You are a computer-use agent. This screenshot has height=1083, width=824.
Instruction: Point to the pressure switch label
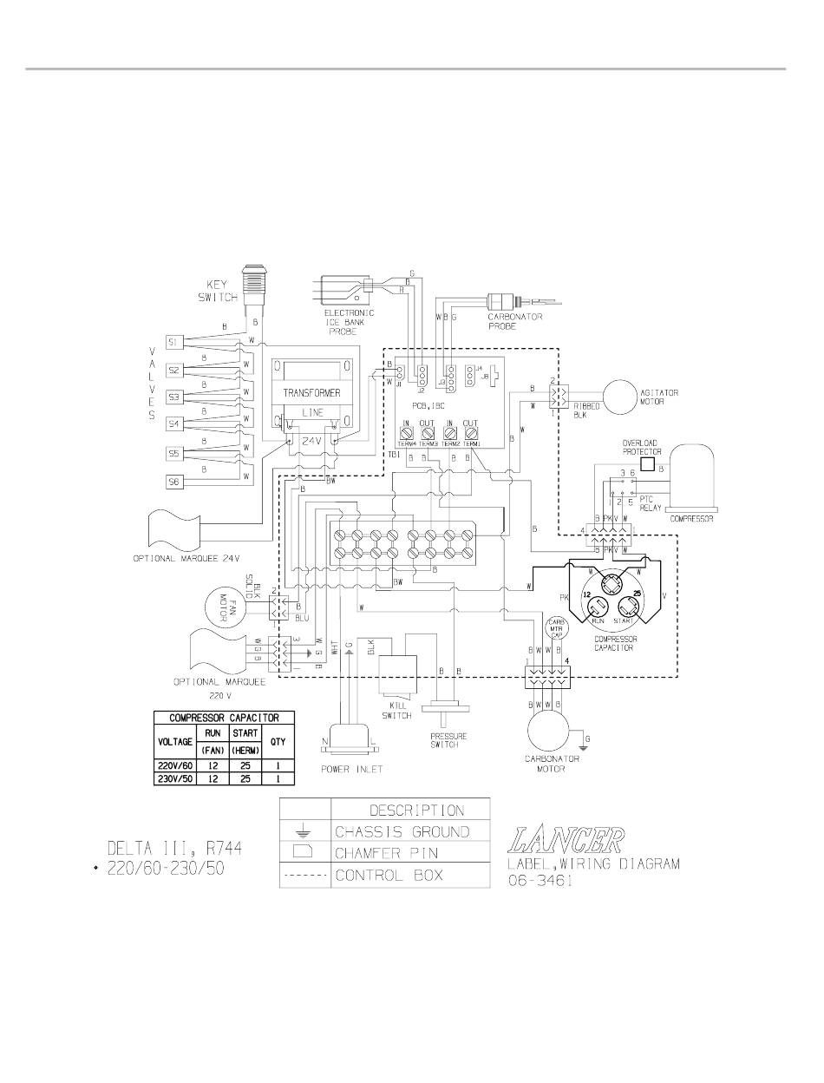[448, 740]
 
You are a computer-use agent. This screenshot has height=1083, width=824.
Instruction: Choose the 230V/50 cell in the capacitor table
[174, 778]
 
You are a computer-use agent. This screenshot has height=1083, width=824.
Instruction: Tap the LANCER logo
[567, 840]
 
